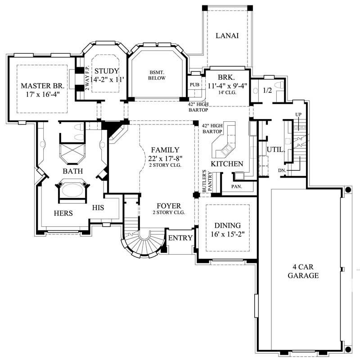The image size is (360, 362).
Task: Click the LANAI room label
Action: tap(227, 36)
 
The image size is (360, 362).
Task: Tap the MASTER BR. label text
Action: tap(41, 86)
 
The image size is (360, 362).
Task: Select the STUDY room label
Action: tap(107, 71)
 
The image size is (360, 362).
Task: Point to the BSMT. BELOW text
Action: tap(157, 75)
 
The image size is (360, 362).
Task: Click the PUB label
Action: tap(195, 84)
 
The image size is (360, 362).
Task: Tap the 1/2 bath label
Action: tap(267, 91)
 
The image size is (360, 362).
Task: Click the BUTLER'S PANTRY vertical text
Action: tap(206, 180)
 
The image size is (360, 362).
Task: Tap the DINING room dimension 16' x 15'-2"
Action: tap(227, 234)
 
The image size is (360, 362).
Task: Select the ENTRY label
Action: tap(180, 238)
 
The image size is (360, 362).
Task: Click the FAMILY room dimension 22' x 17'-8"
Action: tap(165, 158)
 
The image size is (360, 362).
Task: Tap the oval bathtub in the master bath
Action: tap(72, 190)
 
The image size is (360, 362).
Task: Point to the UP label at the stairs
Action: tap(297, 115)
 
